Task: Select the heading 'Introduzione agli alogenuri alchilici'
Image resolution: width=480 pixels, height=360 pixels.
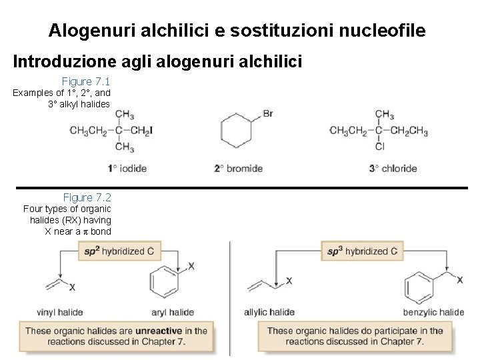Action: (x=158, y=62)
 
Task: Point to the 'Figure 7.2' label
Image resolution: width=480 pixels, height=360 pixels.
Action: (x=87, y=197)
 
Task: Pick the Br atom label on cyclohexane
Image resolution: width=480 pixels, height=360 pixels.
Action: (x=268, y=114)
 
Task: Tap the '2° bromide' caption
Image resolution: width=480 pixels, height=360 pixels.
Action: (x=238, y=169)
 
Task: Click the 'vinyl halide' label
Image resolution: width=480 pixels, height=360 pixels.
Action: (x=60, y=312)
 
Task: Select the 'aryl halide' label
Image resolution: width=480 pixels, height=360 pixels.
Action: (x=173, y=312)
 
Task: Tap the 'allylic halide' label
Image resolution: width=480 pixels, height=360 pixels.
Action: (x=269, y=312)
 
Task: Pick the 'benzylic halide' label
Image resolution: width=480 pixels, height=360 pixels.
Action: (x=433, y=312)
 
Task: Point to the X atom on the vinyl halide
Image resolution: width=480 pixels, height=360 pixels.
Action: (x=72, y=287)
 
